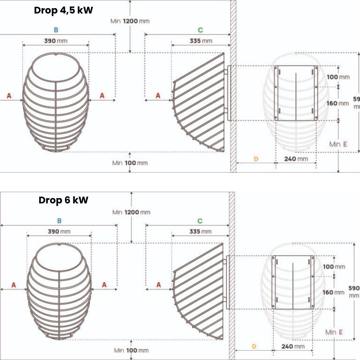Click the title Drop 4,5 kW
click(63, 10)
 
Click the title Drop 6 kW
click(63, 200)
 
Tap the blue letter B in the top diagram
click(56, 30)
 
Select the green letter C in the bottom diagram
click(200, 221)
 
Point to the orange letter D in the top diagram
click(256, 159)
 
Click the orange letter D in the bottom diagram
click(254, 346)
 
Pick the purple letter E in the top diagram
click(345, 144)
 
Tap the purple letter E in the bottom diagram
click(341, 332)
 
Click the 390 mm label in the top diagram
click(56, 41)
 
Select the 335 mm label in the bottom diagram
click(200, 232)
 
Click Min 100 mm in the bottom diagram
click(131, 350)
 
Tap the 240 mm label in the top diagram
click(296, 159)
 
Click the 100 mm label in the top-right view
click(338, 77)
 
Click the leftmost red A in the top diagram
click(9, 96)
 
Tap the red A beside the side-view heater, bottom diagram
click(158, 285)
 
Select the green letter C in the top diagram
click(200, 30)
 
